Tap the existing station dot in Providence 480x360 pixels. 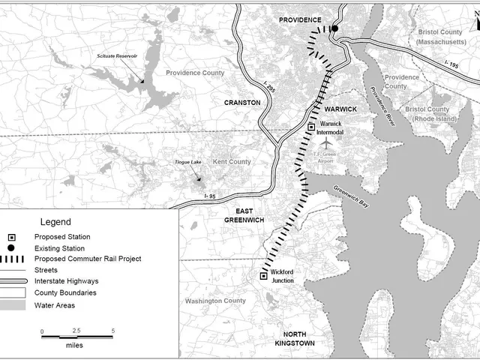335,28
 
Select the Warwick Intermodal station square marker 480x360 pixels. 312,128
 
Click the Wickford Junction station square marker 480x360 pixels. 263,276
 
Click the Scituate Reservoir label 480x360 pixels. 111,57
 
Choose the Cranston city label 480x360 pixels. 242,102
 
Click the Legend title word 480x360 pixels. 55,222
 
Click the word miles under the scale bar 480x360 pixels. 73,346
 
